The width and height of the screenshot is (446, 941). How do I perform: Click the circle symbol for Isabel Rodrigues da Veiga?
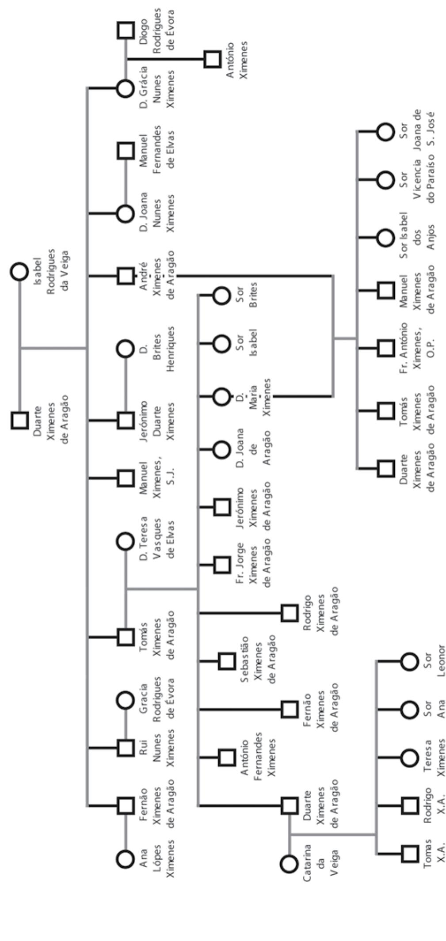[x=19, y=272]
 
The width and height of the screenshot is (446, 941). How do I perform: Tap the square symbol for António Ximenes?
[x=213, y=59]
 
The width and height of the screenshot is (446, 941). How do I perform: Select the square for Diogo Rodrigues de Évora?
[x=126, y=30]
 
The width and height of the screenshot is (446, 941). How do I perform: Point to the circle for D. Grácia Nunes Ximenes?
[x=126, y=88]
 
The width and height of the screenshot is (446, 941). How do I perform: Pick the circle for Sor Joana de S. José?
[x=385, y=131]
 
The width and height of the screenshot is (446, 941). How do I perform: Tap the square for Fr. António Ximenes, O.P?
[x=385, y=348]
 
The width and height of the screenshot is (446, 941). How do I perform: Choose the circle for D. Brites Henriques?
[x=126, y=349]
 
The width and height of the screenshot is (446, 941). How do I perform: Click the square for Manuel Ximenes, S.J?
[x=126, y=478]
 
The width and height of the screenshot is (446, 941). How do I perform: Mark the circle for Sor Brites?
[x=221, y=295]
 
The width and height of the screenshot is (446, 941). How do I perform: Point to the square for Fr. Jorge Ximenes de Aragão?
[x=221, y=565]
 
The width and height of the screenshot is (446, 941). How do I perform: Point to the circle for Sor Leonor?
[x=409, y=661]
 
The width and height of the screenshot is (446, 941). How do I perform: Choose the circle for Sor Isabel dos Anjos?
[x=385, y=238]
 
